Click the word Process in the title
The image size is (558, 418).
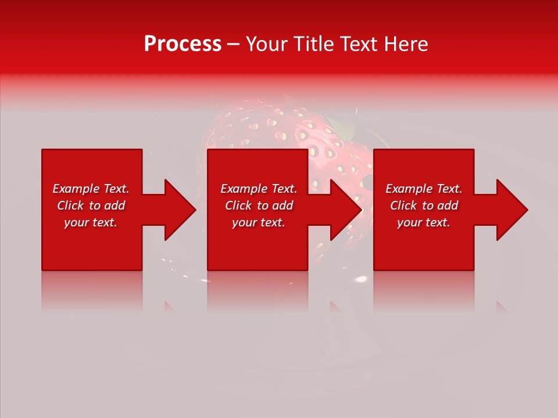point(183,44)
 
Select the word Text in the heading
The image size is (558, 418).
point(359,44)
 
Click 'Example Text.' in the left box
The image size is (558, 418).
point(91,189)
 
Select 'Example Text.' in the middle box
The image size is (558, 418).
point(259,189)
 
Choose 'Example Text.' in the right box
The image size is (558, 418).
point(424,189)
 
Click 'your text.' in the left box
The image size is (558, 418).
point(91,222)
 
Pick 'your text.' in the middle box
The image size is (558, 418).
point(259,222)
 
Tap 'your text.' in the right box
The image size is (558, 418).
point(424,222)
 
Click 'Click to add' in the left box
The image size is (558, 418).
point(91,206)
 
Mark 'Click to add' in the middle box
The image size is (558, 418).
point(259,206)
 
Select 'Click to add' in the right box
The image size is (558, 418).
point(424,206)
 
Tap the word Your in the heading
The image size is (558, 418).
point(266,44)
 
